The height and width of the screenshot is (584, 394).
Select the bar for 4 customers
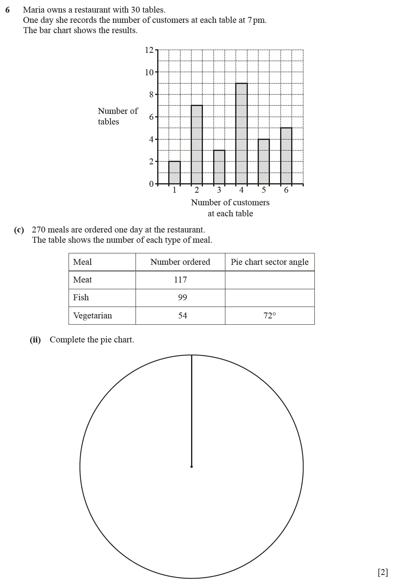242,134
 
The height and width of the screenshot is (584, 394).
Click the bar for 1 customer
174,173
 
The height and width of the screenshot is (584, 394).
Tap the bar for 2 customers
197,145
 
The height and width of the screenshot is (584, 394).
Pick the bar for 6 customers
286,156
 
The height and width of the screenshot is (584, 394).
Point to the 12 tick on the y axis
149,50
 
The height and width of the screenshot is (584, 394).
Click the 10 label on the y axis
149,73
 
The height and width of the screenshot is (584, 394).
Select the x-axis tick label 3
219,190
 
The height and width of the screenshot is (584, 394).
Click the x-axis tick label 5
264,190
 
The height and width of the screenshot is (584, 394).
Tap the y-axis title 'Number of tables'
117,116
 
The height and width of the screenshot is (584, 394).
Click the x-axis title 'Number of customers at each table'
230,208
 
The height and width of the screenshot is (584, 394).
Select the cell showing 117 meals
180,280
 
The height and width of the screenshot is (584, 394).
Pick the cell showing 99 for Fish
182,298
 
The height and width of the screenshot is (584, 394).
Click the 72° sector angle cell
269,316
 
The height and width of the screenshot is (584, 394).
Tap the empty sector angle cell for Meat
269,280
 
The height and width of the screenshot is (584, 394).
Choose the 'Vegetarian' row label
93,316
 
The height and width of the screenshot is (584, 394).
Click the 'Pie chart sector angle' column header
269,262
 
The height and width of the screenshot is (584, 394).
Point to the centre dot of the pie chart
191,467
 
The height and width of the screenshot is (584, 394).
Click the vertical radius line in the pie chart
191,410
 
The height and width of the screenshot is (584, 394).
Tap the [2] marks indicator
383,572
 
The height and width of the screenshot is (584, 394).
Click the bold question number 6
7,10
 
